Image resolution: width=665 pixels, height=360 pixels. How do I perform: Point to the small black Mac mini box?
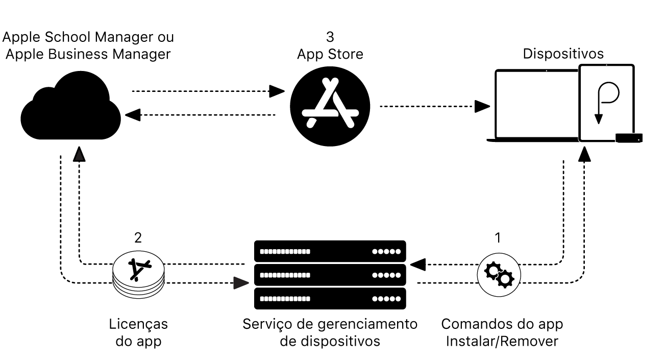[x=629, y=137]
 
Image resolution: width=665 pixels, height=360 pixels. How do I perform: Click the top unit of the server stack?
[x=330, y=251]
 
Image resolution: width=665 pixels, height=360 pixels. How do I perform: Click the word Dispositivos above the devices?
[x=564, y=54]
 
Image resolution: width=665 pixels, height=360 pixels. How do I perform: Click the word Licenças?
[x=139, y=324]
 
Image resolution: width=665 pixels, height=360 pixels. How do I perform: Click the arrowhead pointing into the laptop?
[x=482, y=106]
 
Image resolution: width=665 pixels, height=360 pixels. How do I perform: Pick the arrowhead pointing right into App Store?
[x=277, y=92]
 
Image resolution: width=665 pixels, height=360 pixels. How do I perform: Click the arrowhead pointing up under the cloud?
[x=79, y=153]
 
